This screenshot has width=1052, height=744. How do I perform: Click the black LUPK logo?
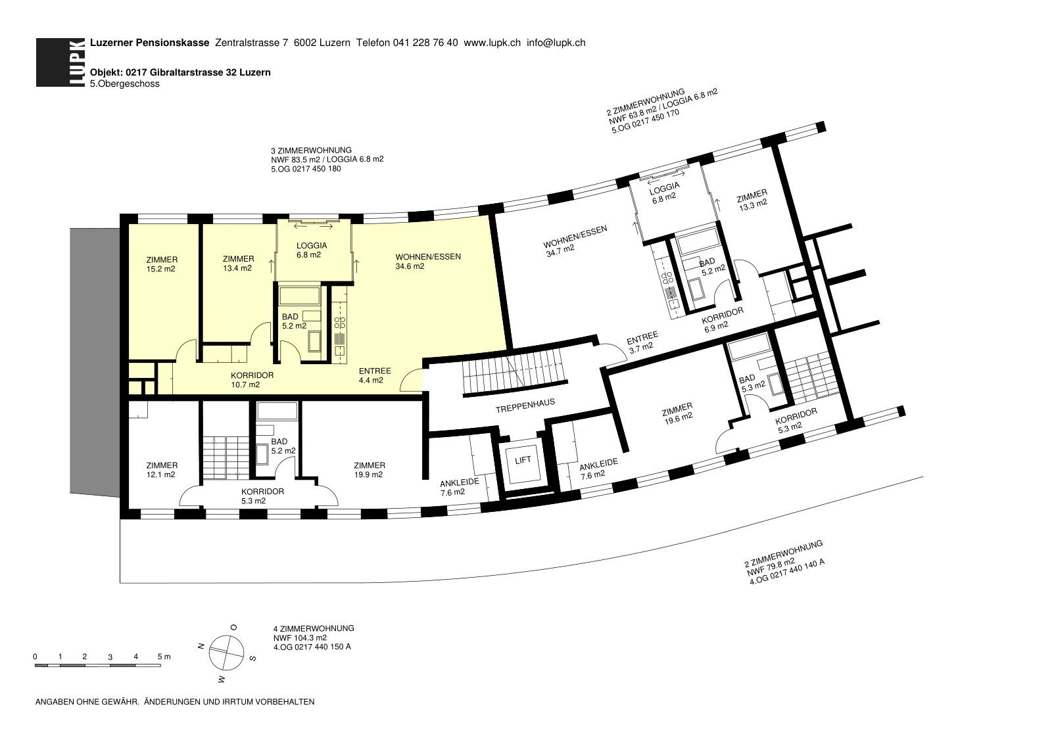(x=60, y=62)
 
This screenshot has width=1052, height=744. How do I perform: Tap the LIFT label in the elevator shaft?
(x=523, y=460)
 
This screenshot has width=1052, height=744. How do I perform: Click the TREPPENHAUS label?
(x=525, y=406)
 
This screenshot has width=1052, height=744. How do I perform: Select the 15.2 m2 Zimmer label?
(x=162, y=264)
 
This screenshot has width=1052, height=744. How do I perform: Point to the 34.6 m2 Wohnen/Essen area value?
(x=410, y=266)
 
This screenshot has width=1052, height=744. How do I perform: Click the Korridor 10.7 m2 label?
(x=252, y=380)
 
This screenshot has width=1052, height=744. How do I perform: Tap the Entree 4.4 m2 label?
(x=374, y=375)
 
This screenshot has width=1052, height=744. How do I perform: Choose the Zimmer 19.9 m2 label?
(x=369, y=470)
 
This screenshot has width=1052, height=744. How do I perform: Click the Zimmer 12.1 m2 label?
(x=162, y=470)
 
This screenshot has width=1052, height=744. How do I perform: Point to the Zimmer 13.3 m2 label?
(x=752, y=200)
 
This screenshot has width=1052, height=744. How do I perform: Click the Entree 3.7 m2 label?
(x=642, y=342)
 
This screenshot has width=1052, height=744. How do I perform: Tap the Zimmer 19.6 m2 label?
(x=678, y=413)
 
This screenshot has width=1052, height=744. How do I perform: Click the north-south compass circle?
(x=226, y=653)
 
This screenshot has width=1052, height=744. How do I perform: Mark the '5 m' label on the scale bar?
(x=164, y=657)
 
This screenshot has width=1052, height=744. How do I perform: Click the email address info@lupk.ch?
(x=556, y=43)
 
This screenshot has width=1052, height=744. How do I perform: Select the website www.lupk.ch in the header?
(x=492, y=43)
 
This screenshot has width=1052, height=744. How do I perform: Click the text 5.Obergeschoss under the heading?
(x=125, y=84)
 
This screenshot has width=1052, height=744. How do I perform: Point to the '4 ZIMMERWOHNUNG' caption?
(x=314, y=628)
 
